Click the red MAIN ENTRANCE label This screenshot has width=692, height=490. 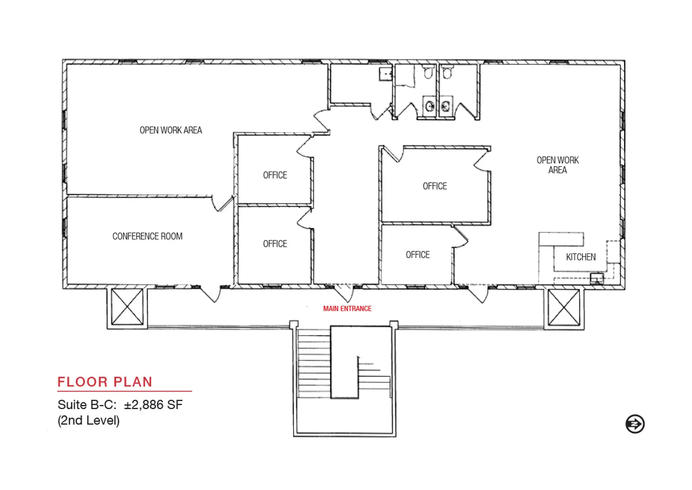347,309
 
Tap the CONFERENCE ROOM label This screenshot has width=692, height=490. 147,236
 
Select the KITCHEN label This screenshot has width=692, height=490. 581,257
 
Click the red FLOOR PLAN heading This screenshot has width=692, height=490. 105,382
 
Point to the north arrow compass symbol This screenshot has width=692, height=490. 635,423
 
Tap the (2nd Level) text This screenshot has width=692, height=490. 89,420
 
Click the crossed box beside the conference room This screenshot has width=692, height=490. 127,307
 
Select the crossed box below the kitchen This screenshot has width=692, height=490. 564,307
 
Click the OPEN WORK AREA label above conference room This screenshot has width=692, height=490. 171,130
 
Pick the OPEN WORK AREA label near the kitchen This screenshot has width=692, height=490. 557,165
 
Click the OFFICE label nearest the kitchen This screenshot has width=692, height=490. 418,255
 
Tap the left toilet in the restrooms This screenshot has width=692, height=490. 428,73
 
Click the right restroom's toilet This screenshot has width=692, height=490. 447,73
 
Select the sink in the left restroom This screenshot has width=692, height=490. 430,106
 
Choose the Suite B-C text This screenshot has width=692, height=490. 87,405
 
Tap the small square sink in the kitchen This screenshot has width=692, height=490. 597,279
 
